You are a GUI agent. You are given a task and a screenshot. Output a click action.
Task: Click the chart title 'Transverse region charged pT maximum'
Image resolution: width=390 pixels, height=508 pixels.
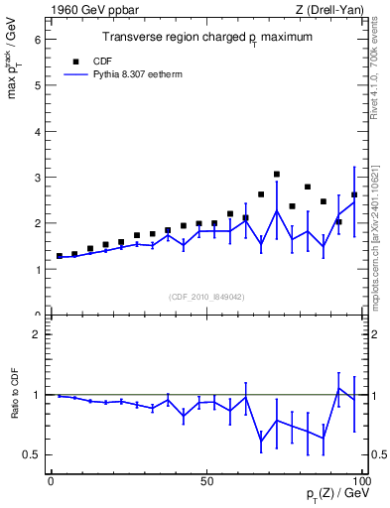pos(207,38)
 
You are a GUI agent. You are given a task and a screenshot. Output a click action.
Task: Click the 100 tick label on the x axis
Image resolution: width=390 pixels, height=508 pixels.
pos(360,481)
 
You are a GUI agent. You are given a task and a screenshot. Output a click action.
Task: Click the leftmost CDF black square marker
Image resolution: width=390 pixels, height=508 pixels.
pos(60,256)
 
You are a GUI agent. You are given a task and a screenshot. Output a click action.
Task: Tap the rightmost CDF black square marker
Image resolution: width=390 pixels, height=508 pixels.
pos(354,194)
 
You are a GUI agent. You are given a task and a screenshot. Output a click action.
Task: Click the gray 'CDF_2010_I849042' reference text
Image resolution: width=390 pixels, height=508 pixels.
pos(206,296)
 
